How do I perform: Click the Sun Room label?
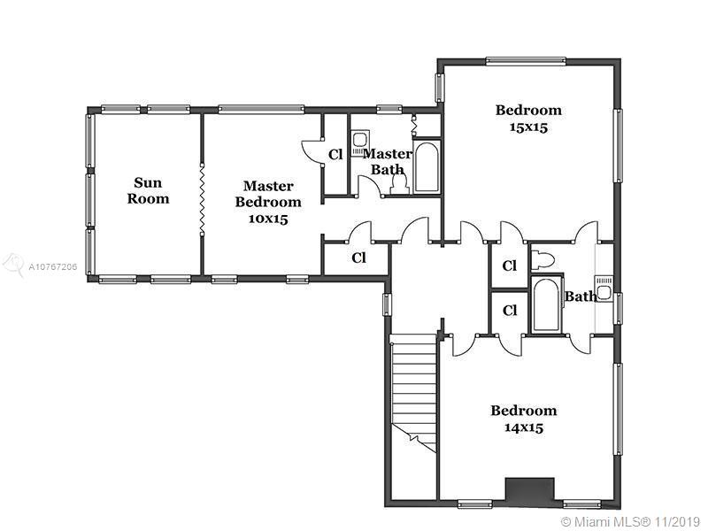pyautogui.click(x=148, y=191)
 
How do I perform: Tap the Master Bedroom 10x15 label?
pyautogui.click(x=268, y=202)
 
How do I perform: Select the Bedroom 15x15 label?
pyautogui.click(x=528, y=118)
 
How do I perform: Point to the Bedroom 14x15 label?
pyautogui.click(x=524, y=419)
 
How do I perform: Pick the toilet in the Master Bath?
pyautogui.click(x=398, y=181)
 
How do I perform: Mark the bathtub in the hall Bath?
pyautogui.click(x=546, y=306)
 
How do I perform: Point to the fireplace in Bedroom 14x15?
pyautogui.click(x=529, y=490)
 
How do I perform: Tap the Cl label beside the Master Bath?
pyautogui.click(x=335, y=155)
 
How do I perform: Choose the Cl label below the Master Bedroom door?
pyautogui.click(x=358, y=258)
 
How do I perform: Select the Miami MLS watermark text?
pyautogui.click(x=630, y=520)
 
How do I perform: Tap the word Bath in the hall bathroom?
pyautogui.click(x=581, y=296)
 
